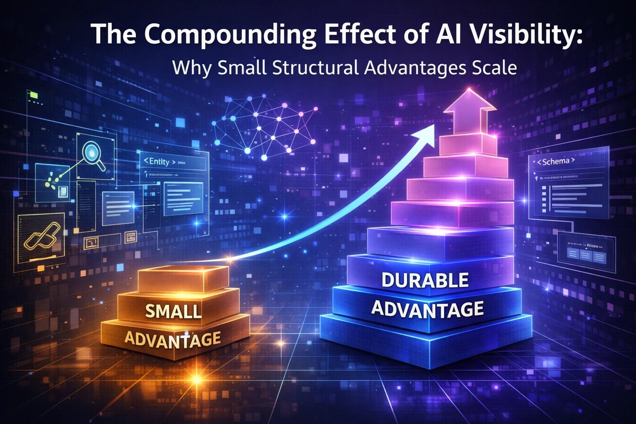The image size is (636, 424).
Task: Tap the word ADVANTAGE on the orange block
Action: coord(173,339)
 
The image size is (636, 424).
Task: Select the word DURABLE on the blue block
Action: coord(425,280)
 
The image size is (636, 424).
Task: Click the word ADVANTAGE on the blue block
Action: coord(427,309)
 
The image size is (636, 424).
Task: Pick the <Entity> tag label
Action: coord(159,161)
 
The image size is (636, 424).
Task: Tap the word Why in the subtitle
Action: coord(191,67)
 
